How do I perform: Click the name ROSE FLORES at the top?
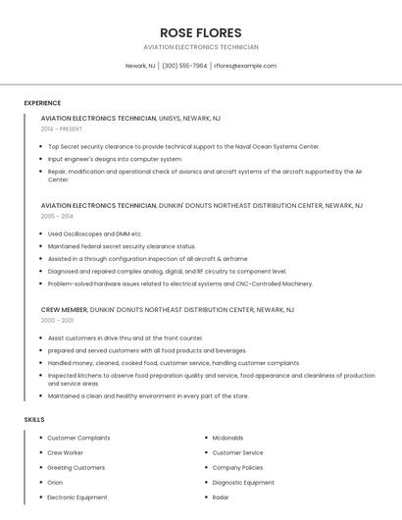click(x=200, y=32)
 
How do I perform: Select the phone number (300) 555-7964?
click(x=184, y=66)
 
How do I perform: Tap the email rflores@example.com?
click(x=245, y=66)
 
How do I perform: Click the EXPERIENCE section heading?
click(x=42, y=103)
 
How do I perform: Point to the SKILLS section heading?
click(x=34, y=419)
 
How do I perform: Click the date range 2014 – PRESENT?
click(x=62, y=129)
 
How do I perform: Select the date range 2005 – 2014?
click(x=57, y=216)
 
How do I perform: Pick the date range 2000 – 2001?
click(x=57, y=320)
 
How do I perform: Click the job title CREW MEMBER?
click(x=64, y=309)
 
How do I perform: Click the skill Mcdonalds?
click(x=228, y=438)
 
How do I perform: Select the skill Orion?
click(x=55, y=483)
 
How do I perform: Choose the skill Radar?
click(x=221, y=497)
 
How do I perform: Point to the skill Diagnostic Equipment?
click(x=243, y=483)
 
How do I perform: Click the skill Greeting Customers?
click(x=76, y=468)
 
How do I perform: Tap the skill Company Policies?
click(x=238, y=468)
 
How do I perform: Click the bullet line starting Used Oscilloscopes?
click(x=95, y=234)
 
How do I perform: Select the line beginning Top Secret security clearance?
click(x=183, y=146)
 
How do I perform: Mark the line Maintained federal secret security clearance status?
click(x=122, y=246)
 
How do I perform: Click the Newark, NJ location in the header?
click(x=140, y=66)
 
